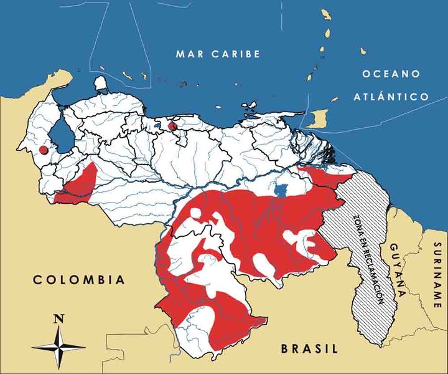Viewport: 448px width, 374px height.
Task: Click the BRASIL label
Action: pyautogui.click(x=309, y=348)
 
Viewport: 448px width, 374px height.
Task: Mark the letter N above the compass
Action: pyautogui.click(x=59, y=319)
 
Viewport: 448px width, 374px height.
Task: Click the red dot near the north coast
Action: pyautogui.click(x=173, y=127)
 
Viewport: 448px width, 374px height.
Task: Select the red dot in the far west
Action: pyautogui.click(x=43, y=150)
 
